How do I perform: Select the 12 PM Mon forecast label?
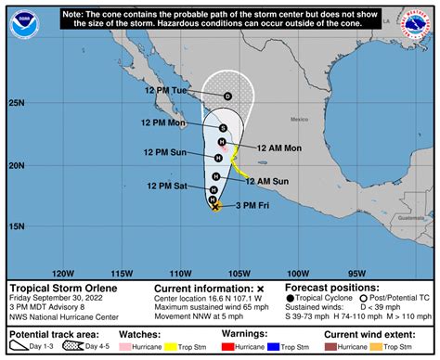tap(165, 123)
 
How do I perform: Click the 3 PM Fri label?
tap(251, 204)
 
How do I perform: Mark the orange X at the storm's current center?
tap(216, 207)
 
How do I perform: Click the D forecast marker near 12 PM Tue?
tap(227, 96)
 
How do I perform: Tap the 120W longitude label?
tap(63, 274)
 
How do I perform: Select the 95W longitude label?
tap(356, 274)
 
